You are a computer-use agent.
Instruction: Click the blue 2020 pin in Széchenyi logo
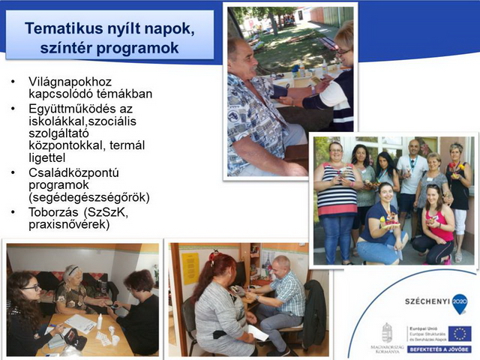point(459,302)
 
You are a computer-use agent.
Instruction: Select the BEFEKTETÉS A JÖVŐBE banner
point(439,349)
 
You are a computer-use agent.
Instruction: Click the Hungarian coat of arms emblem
point(386,331)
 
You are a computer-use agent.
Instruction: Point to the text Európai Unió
point(421,328)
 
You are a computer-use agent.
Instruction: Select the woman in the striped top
point(337,199)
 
